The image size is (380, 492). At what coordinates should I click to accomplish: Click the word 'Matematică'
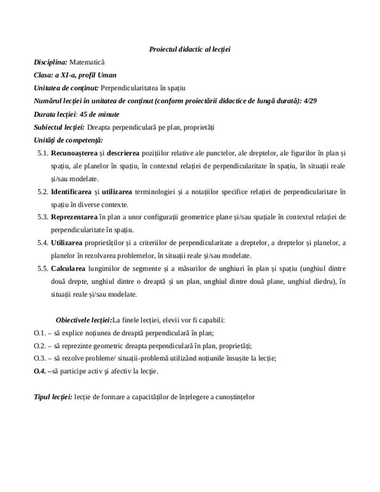[x=87, y=63]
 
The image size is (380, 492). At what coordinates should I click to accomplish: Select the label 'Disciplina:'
[x=50, y=63]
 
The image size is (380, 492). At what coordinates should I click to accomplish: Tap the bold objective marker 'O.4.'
[x=40, y=372]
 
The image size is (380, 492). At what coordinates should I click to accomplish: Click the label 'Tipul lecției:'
[x=52, y=397]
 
